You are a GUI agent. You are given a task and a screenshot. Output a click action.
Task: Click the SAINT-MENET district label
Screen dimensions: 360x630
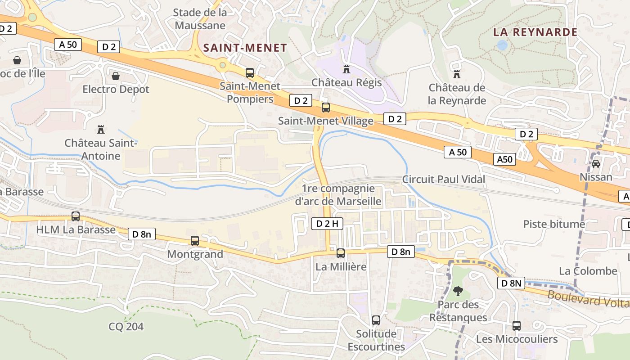click(x=245, y=48)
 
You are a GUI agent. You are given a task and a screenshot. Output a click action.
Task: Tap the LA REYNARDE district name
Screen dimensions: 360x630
click(x=535, y=32)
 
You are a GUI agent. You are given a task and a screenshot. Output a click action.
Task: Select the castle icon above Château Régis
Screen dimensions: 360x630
click(x=346, y=70)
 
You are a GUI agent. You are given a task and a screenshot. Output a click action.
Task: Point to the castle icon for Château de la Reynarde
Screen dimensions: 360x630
click(x=457, y=75)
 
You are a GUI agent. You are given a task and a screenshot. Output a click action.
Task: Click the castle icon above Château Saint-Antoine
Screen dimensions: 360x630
click(x=100, y=130)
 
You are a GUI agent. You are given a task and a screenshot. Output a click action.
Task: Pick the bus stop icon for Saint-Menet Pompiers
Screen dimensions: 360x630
click(x=249, y=73)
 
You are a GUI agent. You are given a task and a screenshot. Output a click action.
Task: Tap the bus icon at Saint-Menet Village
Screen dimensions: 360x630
click(x=325, y=108)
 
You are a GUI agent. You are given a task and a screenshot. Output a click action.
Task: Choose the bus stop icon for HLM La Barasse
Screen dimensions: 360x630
click(x=76, y=216)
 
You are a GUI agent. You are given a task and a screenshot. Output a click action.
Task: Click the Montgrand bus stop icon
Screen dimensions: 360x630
click(x=195, y=241)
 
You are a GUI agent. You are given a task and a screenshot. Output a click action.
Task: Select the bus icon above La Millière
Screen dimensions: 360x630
click(x=341, y=253)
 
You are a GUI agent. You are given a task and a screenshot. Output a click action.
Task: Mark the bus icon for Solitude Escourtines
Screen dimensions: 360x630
click(x=376, y=320)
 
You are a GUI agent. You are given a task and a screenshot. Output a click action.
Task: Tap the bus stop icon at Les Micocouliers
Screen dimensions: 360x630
click(x=517, y=326)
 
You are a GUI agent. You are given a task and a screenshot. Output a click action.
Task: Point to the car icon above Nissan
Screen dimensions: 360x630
click(x=596, y=164)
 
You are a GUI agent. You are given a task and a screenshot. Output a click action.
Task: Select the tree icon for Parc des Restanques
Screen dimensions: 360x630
click(x=458, y=291)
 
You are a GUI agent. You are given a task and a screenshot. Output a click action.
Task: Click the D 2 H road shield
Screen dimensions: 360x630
click(x=327, y=224)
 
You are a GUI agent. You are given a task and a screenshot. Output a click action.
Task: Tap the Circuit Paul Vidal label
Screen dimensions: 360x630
click(x=444, y=180)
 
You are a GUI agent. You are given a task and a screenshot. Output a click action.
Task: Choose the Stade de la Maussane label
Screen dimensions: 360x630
click(x=200, y=19)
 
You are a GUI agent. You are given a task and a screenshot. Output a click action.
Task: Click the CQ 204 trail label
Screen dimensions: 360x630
click(x=126, y=326)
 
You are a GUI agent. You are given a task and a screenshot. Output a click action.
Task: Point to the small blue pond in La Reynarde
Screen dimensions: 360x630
click(x=502, y=45)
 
